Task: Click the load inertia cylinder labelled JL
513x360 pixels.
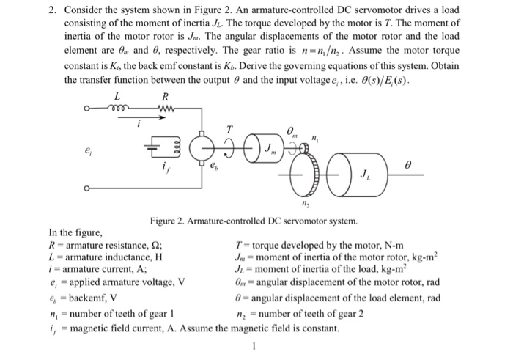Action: tap(366, 176)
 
